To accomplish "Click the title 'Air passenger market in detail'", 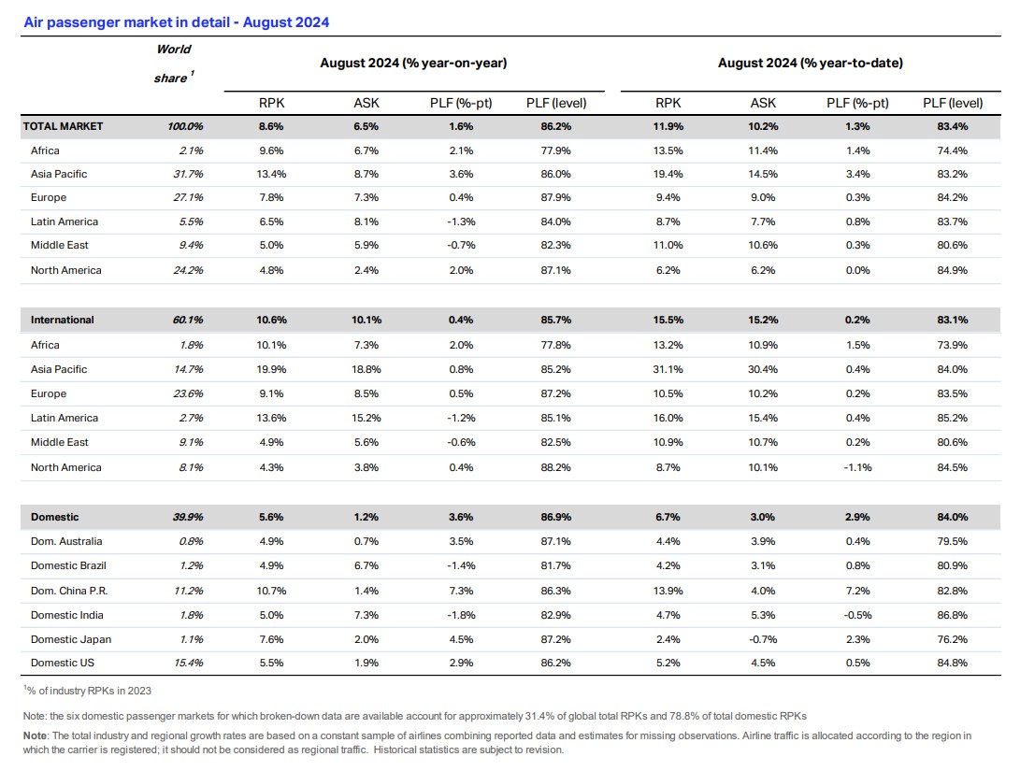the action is (127, 22).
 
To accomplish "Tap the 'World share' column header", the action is (174, 64).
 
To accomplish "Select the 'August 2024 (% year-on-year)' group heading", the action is (413, 63).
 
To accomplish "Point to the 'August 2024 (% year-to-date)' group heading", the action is (810, 63).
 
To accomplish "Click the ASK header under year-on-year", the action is (366, 103).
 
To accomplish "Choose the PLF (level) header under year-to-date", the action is (953, 103).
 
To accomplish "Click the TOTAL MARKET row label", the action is (63, 126).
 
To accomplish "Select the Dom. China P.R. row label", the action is (69, 591).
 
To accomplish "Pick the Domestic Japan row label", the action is (71, 639).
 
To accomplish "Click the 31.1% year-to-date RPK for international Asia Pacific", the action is (668, 369).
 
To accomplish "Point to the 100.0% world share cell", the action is (185, 126).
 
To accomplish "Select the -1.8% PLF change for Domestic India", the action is (461, 615).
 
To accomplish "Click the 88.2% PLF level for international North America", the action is (555, 467).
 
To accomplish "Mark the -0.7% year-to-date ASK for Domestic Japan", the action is (763, 639).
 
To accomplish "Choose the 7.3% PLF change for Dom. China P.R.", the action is (461, 591).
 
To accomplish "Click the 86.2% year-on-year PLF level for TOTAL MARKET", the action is (555, 126).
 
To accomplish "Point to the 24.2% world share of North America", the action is (188, 270).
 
